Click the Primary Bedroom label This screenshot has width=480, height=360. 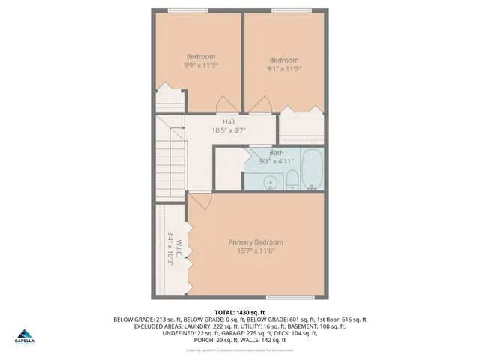click(x=256, y=242)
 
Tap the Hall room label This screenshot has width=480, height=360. click(x=230, y=121)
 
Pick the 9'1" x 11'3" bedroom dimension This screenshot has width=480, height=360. click(x=284, y=69)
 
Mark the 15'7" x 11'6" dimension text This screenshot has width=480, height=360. click(x=256, y=250)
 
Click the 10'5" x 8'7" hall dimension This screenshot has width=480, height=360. click(x=229, y=130)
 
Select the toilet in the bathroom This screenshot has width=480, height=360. click(x=292, y=179)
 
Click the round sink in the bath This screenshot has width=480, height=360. click(x=271, y=181)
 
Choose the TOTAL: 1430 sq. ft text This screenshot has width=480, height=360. click(x=239, y=311)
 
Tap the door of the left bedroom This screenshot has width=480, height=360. click(x=225, y=105)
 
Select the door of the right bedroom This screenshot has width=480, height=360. click(x=260, y=106)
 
